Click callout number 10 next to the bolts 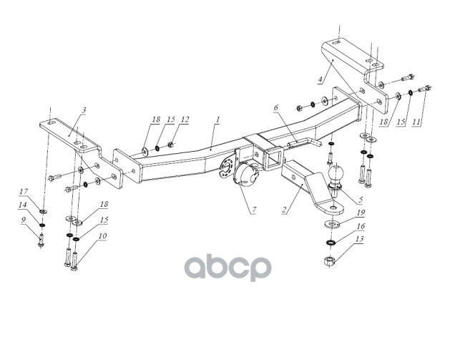coord(103,235)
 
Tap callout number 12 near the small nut coord(185,119)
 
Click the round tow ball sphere coord(336,174)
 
